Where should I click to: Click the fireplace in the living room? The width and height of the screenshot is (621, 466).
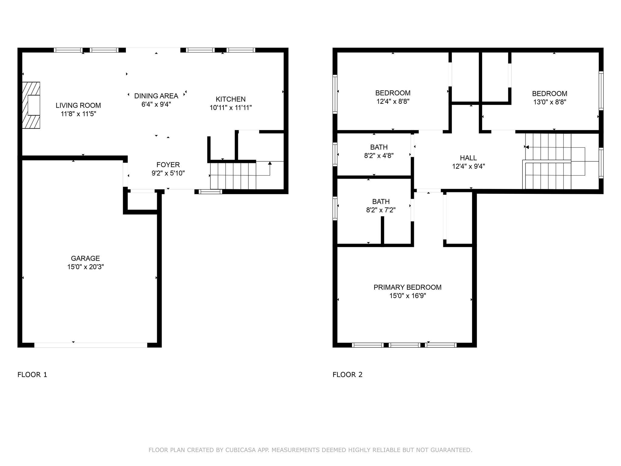click(31, 105)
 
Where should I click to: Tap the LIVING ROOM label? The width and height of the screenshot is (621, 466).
click(78, 106)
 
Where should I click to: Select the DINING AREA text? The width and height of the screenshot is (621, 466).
click(156, 96)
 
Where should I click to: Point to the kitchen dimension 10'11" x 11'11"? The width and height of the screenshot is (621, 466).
click(231, 108)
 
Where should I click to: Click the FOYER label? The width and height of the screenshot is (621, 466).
click(168, 165)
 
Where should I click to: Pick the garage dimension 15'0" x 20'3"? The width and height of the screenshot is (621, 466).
click(86, 267)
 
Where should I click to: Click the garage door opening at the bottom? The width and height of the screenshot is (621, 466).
click(91, 345)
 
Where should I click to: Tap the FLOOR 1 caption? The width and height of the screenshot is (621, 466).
click(32, 375)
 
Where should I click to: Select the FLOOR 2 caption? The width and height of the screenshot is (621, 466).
click(347, 375)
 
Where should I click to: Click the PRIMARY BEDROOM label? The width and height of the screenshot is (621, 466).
click(408, 287)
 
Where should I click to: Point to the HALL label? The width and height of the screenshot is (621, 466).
click(468, 158)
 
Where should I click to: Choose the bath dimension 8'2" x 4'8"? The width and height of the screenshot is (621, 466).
click(379, 156)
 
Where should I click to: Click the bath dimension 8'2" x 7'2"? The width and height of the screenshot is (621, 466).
click(381, 210)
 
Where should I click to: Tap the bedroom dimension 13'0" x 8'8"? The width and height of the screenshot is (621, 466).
click(550, 102)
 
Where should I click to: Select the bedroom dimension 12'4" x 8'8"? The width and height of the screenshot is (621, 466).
click(393, 101)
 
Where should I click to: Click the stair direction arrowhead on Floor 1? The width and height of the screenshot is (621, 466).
click(270, 163)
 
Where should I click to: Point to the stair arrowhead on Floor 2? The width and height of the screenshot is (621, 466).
click(527, 147)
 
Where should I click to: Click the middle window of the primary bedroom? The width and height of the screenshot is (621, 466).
click(404, 345)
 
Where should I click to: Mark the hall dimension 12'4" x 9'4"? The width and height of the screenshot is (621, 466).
click(468, 167)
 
